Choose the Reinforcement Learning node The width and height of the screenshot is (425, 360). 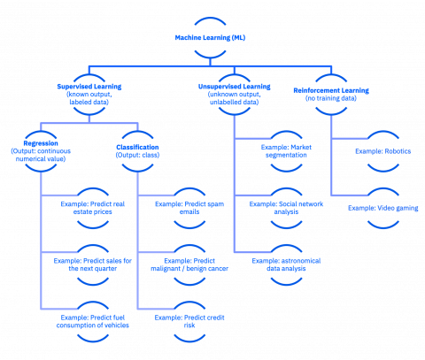pos(330,93)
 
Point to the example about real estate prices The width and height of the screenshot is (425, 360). pos(94,207)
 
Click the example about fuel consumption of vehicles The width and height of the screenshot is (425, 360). pos(94,319)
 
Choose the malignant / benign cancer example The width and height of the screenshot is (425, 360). pos(189,264)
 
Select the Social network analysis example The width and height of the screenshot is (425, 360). pos(289,207)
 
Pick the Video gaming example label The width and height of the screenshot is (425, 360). pos(383,207)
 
